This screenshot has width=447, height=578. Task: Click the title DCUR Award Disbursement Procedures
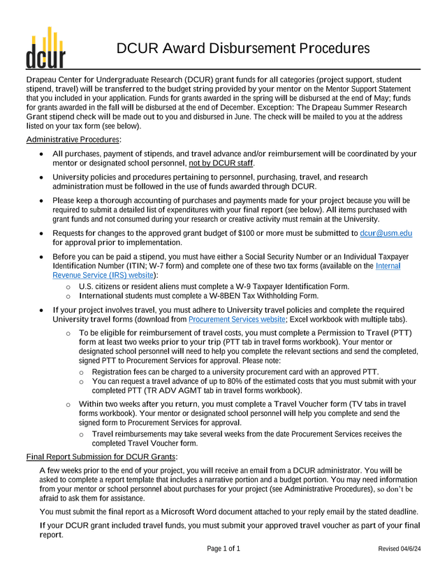(x=242, y=48)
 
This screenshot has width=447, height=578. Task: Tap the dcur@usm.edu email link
(x=381, y=232)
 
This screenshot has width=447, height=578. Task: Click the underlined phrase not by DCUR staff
(x=221, y=163)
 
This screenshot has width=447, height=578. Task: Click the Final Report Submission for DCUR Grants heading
(x=102, y=457)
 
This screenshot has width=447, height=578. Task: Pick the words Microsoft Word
(x=189, y=511)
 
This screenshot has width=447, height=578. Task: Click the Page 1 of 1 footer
(x=223, y=549)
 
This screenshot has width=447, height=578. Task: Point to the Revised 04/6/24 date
(x=400, y=549)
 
